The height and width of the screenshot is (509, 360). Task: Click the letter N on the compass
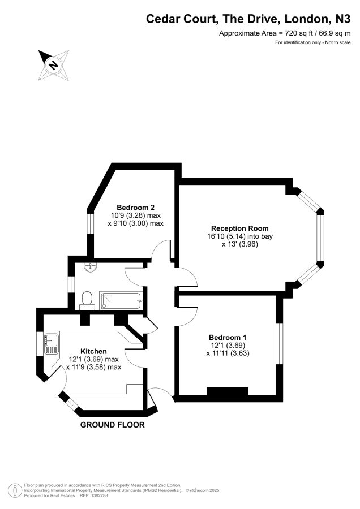point(53,64)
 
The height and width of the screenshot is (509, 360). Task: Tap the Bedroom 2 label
point(135,208)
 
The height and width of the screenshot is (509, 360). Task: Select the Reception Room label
point(240,228)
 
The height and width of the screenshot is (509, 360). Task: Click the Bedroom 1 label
point(228,337)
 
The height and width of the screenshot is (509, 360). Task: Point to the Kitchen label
point(93,351)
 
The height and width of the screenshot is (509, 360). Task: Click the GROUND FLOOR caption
point(113,425)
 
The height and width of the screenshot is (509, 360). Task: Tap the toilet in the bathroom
point(87,299)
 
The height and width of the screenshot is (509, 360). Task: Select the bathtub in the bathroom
point(121,301)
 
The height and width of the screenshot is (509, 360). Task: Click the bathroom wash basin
point(91,267)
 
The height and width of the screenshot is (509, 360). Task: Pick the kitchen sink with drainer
point(52,344)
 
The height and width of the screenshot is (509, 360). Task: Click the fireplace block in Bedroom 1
point(228,391)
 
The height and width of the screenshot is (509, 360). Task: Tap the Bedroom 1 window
point(280,343)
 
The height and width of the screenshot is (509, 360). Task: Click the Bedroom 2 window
point(90,223)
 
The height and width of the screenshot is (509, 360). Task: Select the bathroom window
point(71,283)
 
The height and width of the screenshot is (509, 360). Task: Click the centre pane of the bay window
point(320,238)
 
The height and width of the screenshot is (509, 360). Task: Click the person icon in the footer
point(15,490)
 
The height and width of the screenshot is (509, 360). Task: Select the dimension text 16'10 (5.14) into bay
point(240,236)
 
